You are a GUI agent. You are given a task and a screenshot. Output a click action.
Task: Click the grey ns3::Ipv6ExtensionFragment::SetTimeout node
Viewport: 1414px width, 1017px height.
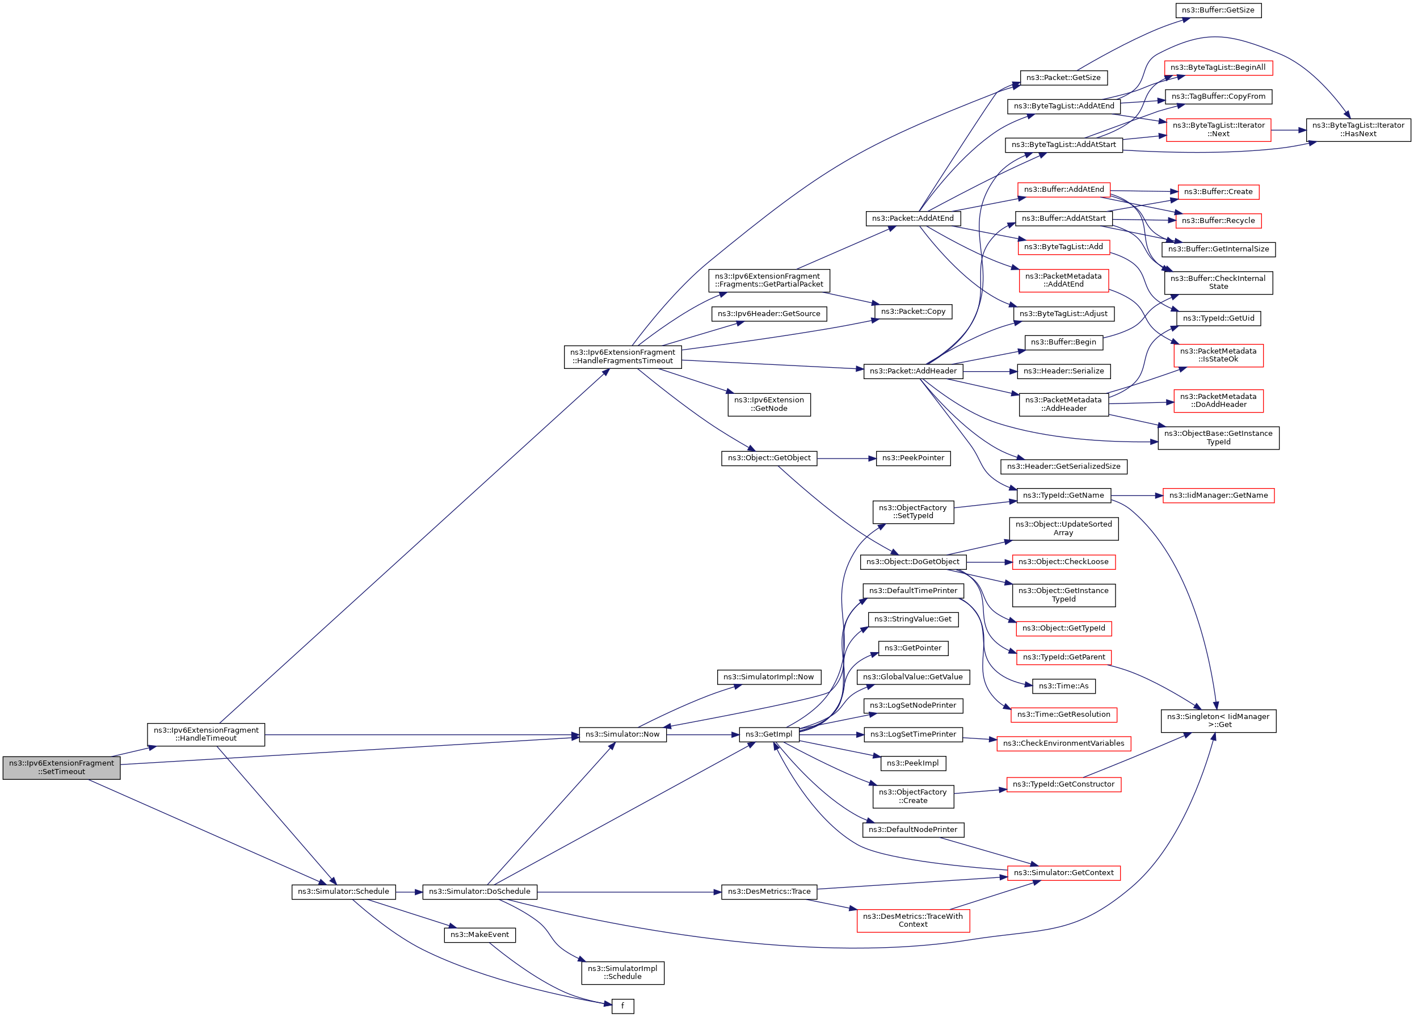(x=61, y=768)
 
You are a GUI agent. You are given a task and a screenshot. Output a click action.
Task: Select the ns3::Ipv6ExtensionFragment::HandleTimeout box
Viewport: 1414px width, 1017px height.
(x=206, y=734)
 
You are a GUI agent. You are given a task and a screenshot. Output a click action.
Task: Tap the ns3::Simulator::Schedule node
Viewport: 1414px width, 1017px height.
(x=343, y=892)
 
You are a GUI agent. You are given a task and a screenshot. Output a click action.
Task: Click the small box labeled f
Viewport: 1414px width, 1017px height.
(x=622, y=1006)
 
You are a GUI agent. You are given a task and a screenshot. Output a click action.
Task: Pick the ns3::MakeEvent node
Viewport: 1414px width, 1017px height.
(x=479, y=935)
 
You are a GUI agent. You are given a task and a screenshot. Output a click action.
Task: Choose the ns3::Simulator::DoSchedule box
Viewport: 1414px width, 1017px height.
(x=479, y=892)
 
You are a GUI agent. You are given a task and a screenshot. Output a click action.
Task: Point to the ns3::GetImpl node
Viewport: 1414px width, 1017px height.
(x=769, y=734)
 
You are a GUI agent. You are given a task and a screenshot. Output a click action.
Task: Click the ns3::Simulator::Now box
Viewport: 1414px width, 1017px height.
(x=622, y=734)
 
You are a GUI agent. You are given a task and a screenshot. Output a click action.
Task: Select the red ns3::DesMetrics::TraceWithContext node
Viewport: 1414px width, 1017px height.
(x=913, y=921)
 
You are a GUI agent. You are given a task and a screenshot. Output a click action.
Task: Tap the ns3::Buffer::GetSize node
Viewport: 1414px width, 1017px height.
(x=1218, y=11)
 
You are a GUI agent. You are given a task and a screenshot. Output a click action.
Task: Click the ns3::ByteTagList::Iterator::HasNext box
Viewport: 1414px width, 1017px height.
(x=1358, y=130)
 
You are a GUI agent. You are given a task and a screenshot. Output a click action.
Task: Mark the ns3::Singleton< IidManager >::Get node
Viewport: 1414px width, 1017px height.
(x=1218, y=721)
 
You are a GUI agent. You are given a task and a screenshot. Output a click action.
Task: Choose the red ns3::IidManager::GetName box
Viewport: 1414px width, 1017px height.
(x=1218, y=495)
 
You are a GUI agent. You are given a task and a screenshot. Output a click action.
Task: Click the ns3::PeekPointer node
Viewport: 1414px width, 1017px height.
(x=913, y=459)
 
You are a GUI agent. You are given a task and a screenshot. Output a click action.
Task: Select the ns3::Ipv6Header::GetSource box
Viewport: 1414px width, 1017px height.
(x=769, y=314)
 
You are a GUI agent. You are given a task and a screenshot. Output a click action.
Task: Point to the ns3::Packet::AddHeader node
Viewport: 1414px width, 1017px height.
(x=913, y=372)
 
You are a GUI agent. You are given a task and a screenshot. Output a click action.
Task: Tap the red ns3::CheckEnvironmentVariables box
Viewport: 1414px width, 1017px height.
(x=1063, y=744)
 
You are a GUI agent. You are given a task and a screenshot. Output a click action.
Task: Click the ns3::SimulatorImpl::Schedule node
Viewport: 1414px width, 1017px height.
(x=622, y=973)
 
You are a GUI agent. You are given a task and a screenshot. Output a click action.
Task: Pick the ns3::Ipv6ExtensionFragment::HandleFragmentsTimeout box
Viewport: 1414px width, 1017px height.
(x=622, y=356)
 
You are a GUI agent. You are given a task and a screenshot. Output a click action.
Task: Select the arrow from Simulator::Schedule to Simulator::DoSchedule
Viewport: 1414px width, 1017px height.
(x=409, y=892)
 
